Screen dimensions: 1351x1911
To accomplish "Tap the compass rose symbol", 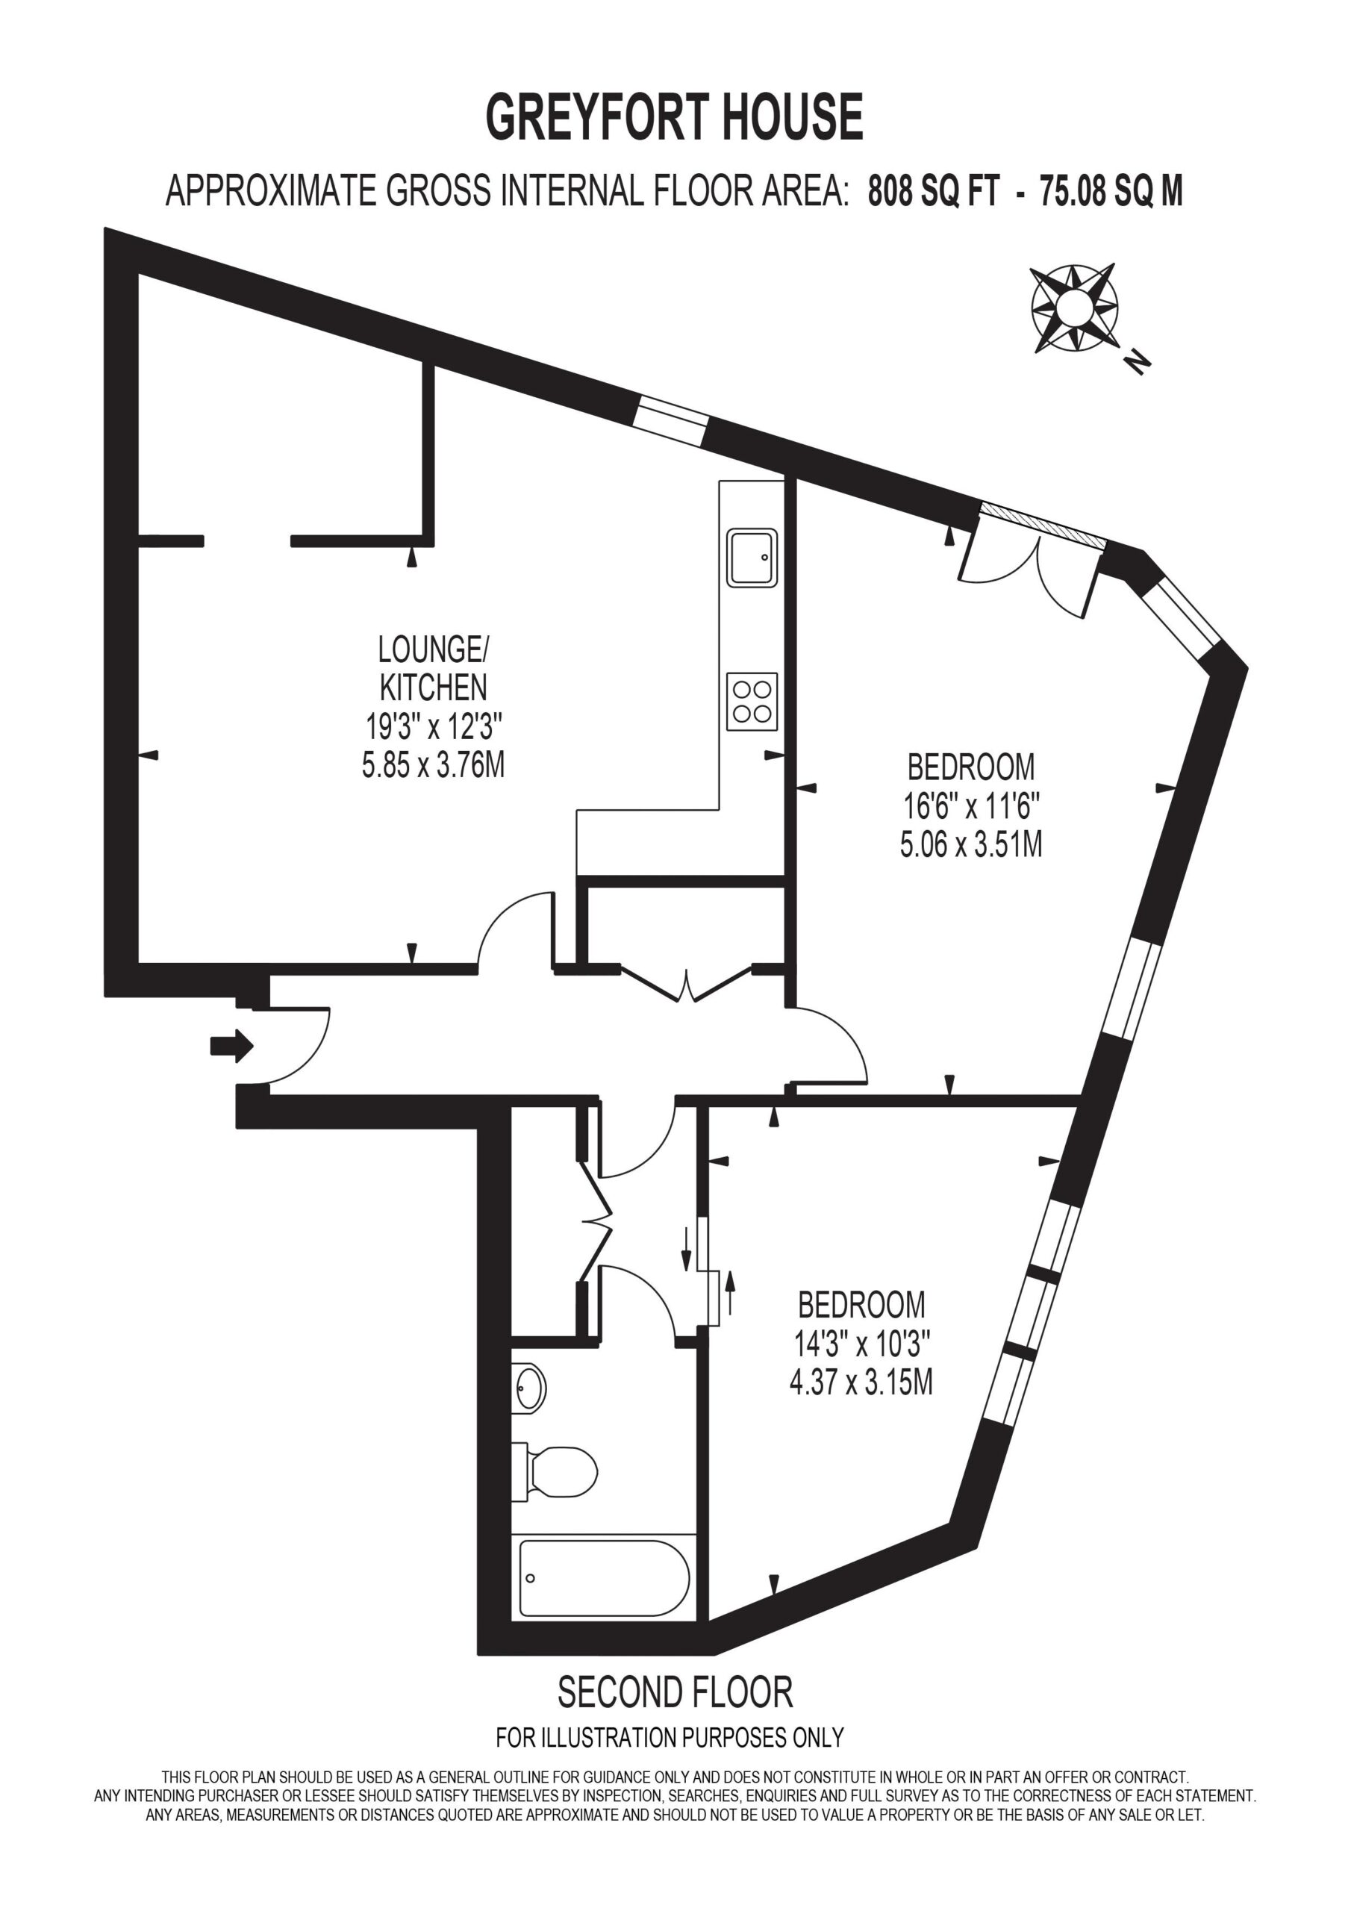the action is tap(1074, 309).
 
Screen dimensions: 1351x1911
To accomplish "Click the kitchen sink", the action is tap(752, 557).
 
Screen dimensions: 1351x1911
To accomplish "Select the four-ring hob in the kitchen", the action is tap(752, 702).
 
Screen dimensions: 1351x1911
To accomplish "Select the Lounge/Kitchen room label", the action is tap(433, 667).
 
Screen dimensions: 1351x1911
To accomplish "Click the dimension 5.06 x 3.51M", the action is tap(970, 846).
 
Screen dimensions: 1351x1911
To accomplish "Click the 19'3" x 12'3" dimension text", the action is tap(433, 726).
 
